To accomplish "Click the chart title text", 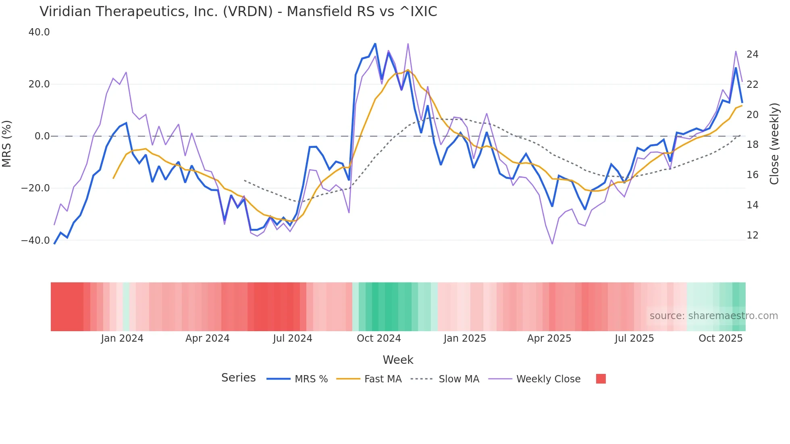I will (x=238, y=12).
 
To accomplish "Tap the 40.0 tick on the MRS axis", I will (x=39, y=32).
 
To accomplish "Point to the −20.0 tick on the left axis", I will (x=35, y=188).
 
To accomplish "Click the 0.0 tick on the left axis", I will (x=42, y=136).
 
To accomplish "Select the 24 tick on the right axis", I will (x=752, y=54).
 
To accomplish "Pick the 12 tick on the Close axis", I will (x=752, y=235).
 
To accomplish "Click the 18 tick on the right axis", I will (x=752, y=145).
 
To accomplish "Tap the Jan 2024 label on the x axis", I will (x=122, y=338).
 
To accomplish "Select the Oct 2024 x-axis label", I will (x=379, y=338).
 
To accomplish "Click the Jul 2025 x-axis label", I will (x=634, y=338).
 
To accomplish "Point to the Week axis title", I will (x=398, y=360).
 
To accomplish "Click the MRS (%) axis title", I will (x=6, y=143).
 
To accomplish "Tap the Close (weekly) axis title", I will (x=774, y=144).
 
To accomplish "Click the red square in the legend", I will (x=601, y=379).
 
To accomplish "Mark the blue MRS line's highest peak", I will (x=375, y=44).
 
